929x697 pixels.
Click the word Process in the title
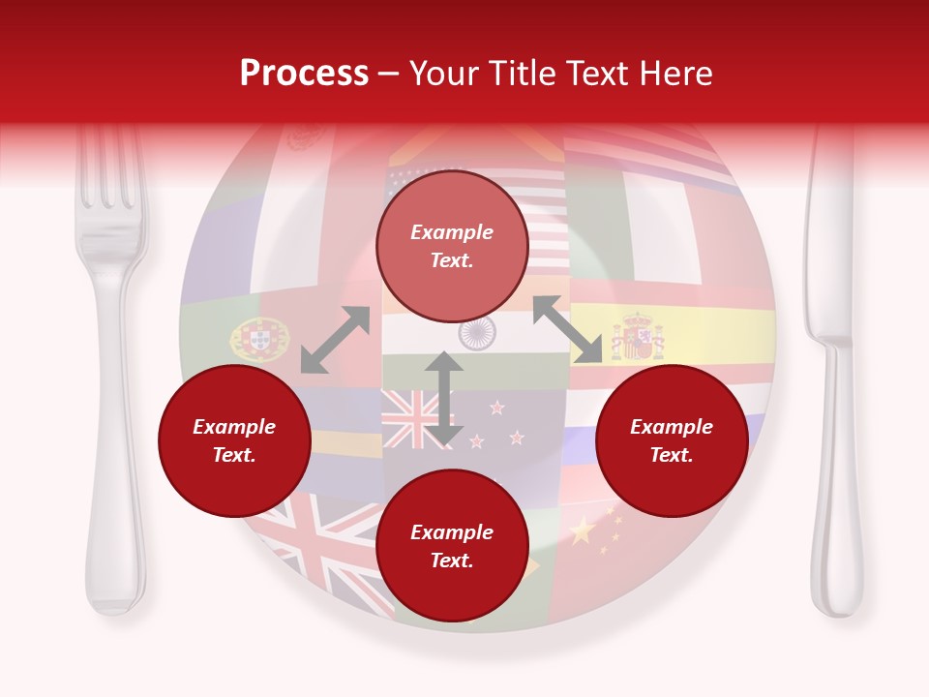[x=304, y=74]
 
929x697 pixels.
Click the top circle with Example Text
[x=452, y=247]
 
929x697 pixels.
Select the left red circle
[x=234, y=441]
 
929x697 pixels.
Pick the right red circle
[x=672, y=441]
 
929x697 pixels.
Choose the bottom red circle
[x=452, y=546]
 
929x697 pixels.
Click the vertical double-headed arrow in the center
[x=444, y=400]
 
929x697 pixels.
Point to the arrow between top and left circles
[x=335, y=340]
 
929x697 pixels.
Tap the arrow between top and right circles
[x=568, y=329]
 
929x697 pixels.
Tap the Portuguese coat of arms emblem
[x=259, y=339]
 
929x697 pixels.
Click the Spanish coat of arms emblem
[x=637, y=338]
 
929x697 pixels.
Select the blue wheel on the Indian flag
[x=477, y=333]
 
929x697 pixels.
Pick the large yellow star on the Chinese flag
[x=582, y=530]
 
